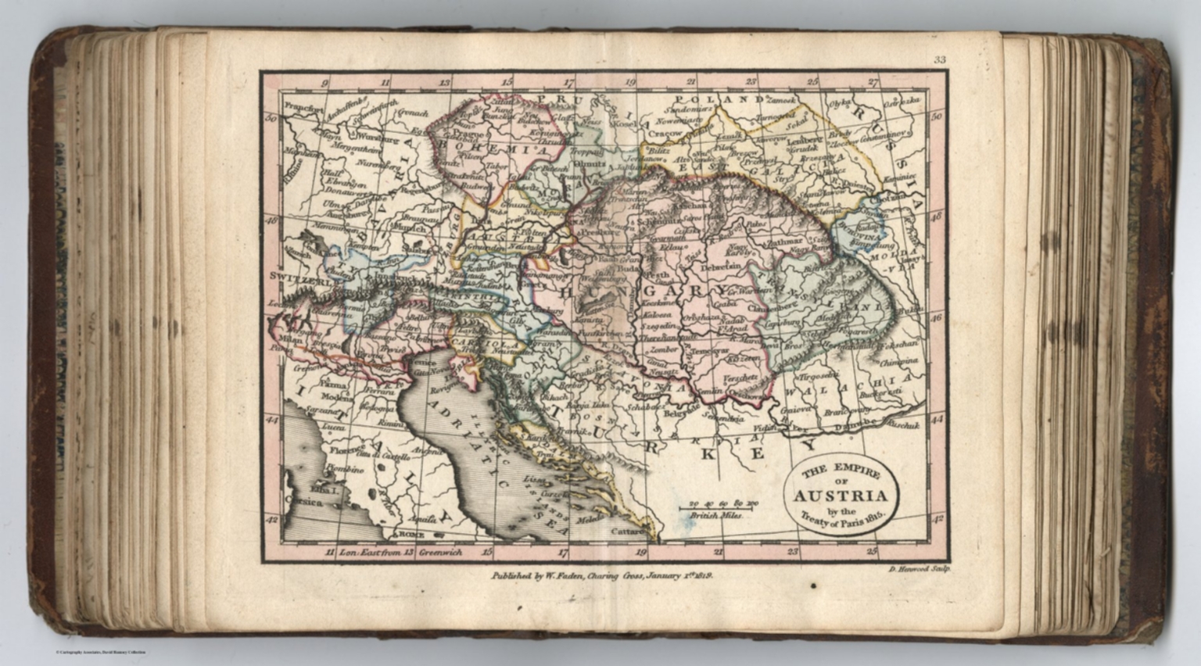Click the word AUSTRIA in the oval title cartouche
(841, 496)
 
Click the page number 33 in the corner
(939, 60)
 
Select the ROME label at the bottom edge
(409, 535)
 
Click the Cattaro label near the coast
(628, 532)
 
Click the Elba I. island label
(321, 490)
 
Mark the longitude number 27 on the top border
(873, 81)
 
